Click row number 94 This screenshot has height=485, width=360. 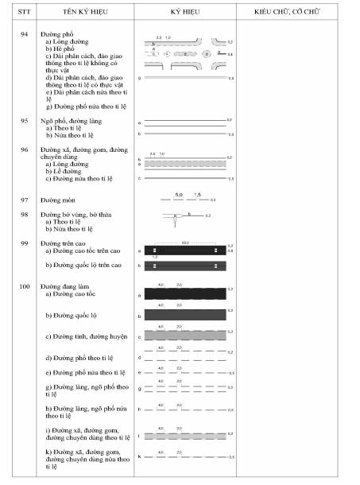pos(24,35)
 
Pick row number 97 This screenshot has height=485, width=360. pos(24,200)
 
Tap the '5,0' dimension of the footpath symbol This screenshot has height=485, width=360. pos(179,194)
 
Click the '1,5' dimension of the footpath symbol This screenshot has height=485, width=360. pos(197,194)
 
